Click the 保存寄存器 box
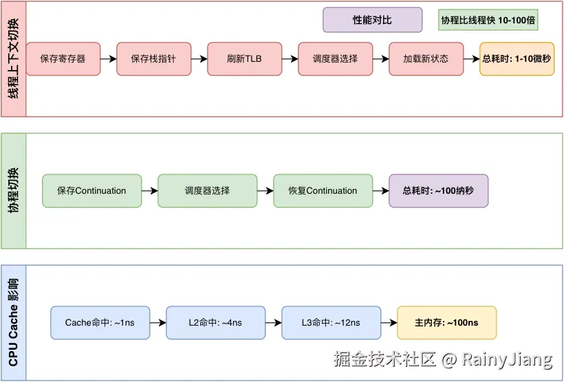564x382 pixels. click(x=63, y=59)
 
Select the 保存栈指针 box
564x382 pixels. click(x=153, y=59)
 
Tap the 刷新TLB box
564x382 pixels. click(x=244, y=59)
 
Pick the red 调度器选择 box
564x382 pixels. click(x=335, y=59)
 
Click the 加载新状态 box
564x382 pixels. click(x=426, y=59)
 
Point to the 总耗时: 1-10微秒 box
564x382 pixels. click(x=517, y=59)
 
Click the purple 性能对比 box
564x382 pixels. click(x=372, y=20)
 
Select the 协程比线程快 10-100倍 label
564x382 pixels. click(x=488, y=20)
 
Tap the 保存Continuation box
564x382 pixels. click(x=91, y=191)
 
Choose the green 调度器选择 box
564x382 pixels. click(x=207, y=191)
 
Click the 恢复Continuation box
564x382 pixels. click(x=323, y=191)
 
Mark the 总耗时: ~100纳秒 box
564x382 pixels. click(x=438, y=191)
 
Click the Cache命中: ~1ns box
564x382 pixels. click(x=100, y=323)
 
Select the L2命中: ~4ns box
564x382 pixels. click(x=215, y=323)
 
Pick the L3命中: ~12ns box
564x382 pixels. click(x=331, y=323)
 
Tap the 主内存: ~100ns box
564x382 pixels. click(x=446, y=323)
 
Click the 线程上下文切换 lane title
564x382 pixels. click(x=14, y=59)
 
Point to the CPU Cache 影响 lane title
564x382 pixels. click(x=14, y=323)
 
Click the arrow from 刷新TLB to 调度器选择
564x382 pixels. click(x=290, y=59)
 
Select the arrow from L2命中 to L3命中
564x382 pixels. click(x=273, y=323)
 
